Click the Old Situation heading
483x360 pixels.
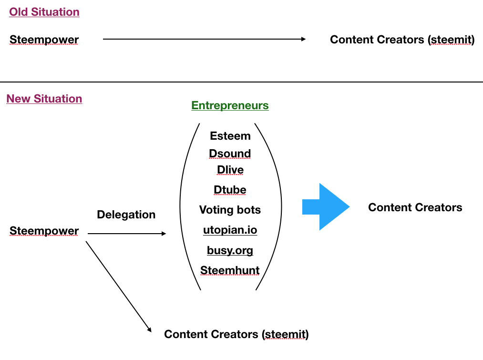(44, 12)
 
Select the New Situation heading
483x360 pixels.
(44, 99)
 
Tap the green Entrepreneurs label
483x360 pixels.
(230, 105)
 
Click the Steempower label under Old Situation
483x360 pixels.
(44, 40)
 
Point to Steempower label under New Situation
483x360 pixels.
(44, 231)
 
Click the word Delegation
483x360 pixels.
(126, 215)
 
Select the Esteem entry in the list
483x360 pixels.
(230, 136)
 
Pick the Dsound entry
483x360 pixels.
(230, 154)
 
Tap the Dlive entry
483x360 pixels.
(230, 170)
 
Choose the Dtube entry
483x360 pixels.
(230, 190)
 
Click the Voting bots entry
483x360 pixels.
(230, 210)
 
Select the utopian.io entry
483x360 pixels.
(230, 230)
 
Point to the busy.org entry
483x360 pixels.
(230, 250)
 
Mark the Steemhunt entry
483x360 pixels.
(230, 270)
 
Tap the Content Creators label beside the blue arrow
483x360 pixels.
(415, 207)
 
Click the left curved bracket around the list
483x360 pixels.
(181, 207)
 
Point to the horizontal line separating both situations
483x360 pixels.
(241, 82)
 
